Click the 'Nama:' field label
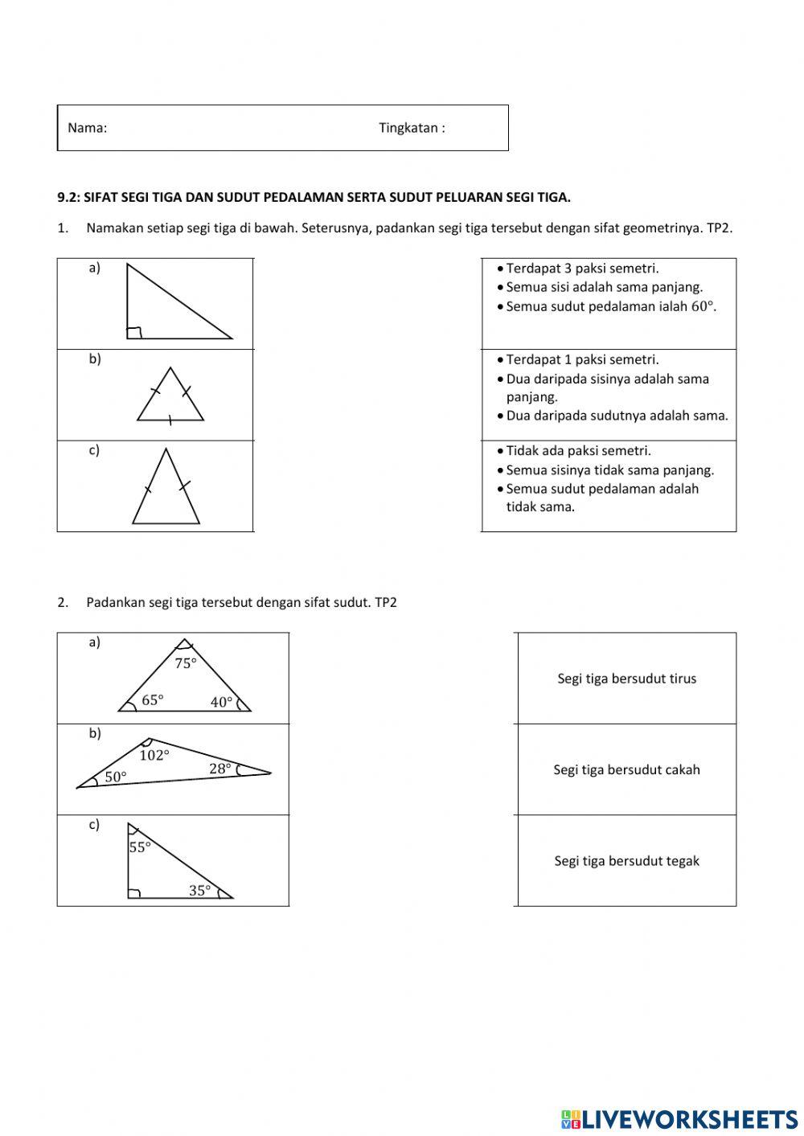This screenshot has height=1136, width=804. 87,128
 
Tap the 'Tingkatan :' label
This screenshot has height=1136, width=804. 412,128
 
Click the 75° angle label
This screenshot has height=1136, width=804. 186,663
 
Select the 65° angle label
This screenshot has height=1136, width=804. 153,700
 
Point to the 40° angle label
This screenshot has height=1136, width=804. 221,702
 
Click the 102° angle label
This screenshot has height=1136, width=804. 154,755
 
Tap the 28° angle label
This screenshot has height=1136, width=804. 220,769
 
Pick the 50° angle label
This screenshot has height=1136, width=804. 116,777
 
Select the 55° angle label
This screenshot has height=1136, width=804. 140,847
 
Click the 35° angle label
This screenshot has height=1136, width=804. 199,890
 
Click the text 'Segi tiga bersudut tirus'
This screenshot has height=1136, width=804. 626,679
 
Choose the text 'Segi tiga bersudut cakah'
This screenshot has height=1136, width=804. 626,769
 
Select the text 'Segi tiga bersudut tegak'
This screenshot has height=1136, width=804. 626,861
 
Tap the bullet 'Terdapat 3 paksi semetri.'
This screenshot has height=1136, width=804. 582,269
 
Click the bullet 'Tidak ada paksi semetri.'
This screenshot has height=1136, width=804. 578,450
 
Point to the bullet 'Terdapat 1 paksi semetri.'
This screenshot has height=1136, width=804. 582,359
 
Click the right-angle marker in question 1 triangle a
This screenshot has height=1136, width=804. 134,333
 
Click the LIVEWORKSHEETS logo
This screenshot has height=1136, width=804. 679,1118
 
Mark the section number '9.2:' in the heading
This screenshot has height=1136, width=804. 69,197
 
